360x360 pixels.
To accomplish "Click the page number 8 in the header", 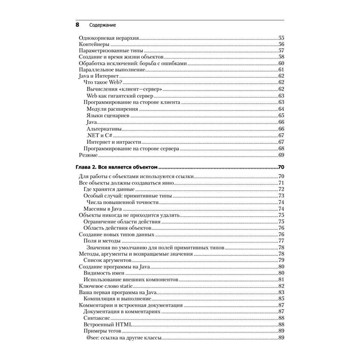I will (77, 26).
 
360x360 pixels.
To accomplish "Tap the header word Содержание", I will (100, 26).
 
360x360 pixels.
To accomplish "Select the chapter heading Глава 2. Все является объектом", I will (117, 167).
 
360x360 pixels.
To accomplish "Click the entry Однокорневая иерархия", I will (109, 38).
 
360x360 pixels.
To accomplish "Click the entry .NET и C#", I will (95, 135).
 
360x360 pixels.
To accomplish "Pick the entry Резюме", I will (88, 155).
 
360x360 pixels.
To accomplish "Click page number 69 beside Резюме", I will (282, 155).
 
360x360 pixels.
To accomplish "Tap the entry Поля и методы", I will (102, 241).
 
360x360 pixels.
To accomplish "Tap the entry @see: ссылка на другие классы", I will (123, 338).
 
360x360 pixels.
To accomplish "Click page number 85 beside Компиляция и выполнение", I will (282, 299).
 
